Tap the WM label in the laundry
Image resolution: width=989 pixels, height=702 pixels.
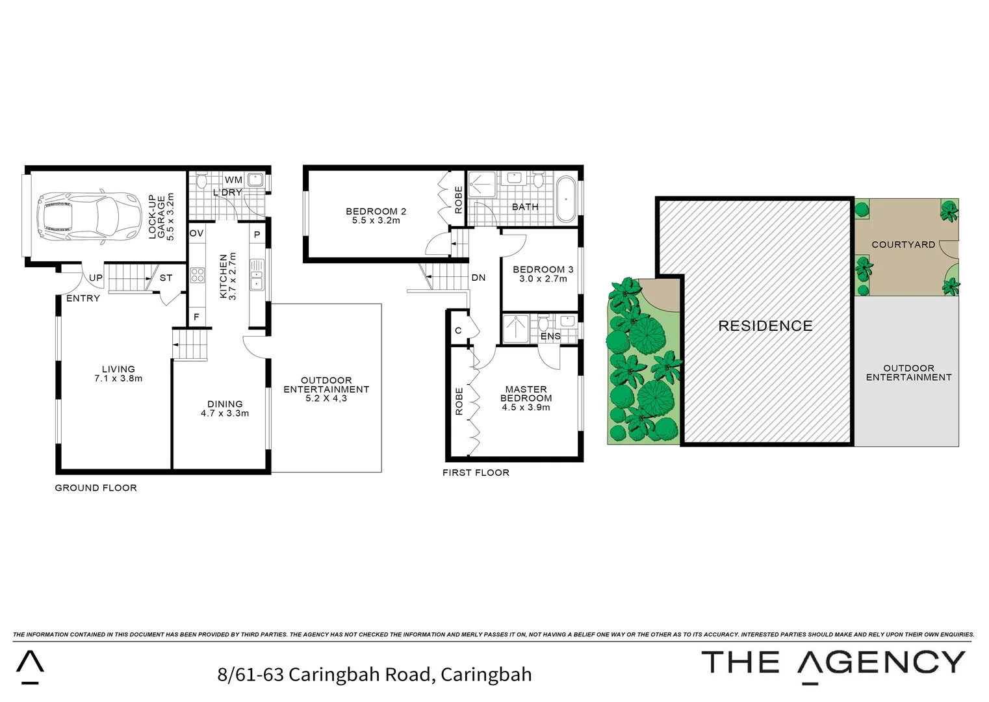tap(233, 179)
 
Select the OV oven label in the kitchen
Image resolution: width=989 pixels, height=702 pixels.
tap(196, 233)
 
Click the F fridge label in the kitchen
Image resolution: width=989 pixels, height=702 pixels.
tap(196, 317)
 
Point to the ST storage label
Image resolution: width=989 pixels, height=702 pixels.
tap(166, 278)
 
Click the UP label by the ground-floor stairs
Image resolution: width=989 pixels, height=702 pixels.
tap(96, 278)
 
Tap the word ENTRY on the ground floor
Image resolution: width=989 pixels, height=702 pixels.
tap(83, 298)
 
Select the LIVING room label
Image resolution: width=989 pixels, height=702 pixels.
tap(118, 369)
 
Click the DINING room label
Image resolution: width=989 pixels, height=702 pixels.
tap(225, 404)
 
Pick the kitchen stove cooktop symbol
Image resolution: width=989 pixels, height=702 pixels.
tap(197, 275)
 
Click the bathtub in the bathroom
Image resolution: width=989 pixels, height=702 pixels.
tap(567, 199)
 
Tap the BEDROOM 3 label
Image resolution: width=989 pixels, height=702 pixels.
tap(543, 269)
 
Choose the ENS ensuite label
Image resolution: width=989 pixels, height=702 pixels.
tap(550, 336)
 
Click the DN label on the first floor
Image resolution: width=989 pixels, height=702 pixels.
tap(478, 278)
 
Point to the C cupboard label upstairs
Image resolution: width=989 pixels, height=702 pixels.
tap(458, 330)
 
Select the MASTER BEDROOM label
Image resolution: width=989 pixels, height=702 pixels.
tap(526, 394)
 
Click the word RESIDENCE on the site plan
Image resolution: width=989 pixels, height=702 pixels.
tap(765, 326)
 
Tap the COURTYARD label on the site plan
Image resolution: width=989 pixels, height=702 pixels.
tap(903, 244)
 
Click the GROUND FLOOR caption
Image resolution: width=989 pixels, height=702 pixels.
tap(96, 487)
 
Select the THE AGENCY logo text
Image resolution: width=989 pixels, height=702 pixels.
tap(834, 662)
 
